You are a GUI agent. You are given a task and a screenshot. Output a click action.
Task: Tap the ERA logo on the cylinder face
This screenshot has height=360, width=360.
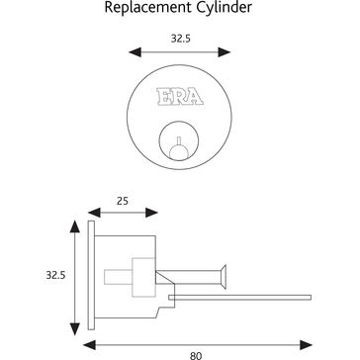179,99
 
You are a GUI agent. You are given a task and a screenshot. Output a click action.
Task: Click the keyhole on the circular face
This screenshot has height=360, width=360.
179,141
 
